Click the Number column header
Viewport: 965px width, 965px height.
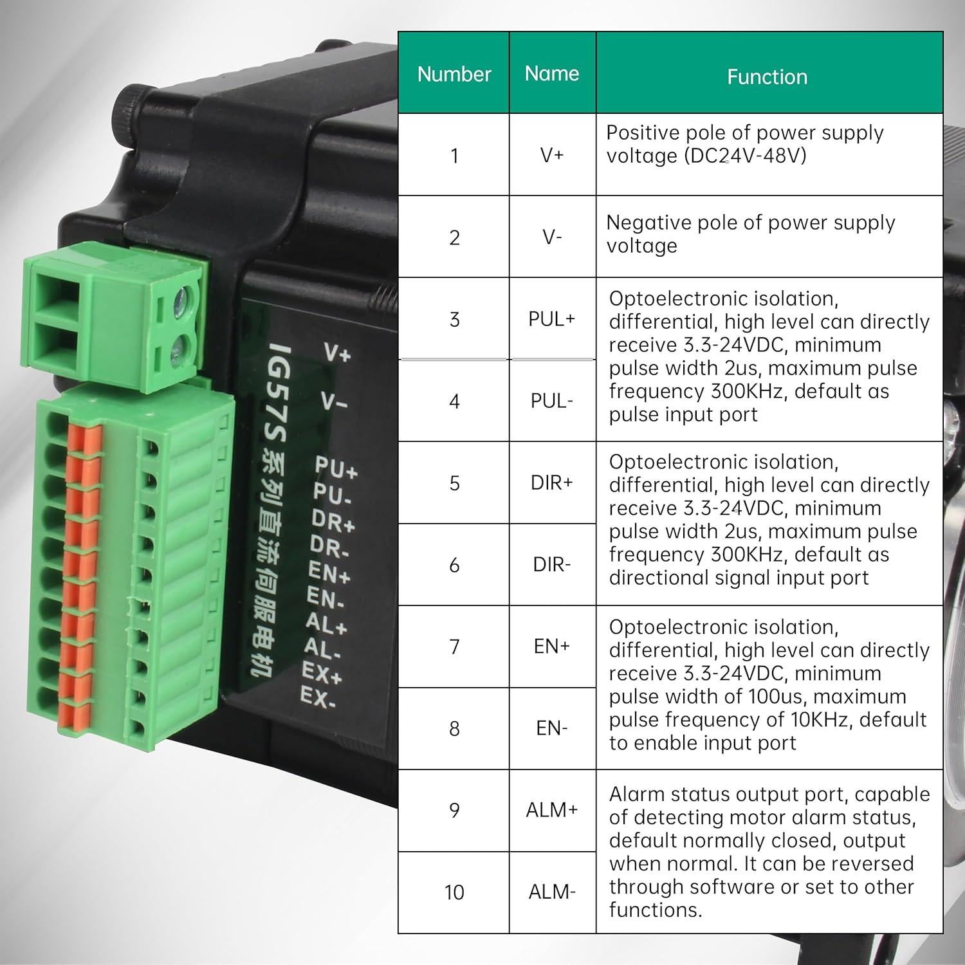(x=454, y=74)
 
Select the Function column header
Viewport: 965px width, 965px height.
(x=767, y=77)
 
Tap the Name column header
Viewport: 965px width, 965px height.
(x=551, y=73)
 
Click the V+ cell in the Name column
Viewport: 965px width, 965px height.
(x=551, y=155)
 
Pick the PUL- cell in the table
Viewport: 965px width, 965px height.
(x=551, y=401)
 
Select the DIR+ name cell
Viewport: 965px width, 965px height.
(x=551, y=482)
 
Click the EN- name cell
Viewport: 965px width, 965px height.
(x=551, y=728)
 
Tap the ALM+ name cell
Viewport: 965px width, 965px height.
(x=551, y=810)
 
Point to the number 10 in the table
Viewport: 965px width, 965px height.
(x=454, y=892)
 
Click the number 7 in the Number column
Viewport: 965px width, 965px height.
(x=454, y=647)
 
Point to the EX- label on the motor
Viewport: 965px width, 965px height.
(x=318, y=697)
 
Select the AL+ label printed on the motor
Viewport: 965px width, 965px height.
(x=326, y=623)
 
